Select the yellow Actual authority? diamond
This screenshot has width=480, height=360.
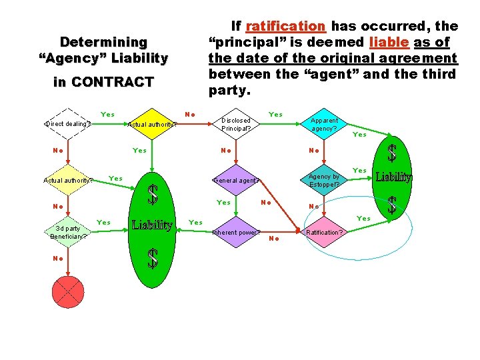click(152, 123)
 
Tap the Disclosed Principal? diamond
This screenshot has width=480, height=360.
click(236, 125)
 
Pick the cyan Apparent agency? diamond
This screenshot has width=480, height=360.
click(325, 125)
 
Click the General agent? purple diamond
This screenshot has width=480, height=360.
click(236, 180)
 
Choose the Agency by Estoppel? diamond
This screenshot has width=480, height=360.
click(325, 180)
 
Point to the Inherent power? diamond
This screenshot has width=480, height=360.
click(236, 233)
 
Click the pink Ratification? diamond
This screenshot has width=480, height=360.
click(325, 233)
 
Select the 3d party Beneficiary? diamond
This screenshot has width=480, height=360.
click(68, 232)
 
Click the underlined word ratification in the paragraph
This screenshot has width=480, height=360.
click(285, 26)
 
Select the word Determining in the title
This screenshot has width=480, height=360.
click(103, 42)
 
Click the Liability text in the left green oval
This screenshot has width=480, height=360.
click(152, 225)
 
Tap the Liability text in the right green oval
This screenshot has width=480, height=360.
click(393, 177)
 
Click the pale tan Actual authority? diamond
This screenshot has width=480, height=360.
click(68, 179)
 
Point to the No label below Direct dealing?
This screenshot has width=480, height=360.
click(58, 151)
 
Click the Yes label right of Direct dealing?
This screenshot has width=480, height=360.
click(107, 115)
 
